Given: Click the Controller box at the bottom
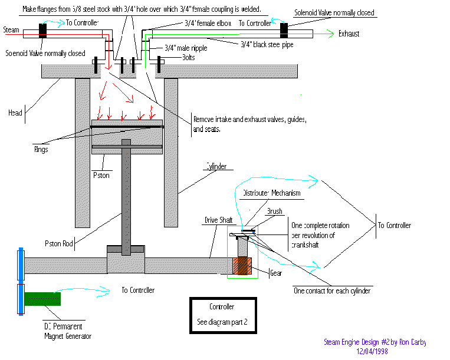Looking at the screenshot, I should click(222, 315).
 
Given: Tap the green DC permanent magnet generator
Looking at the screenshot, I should click(41, 299).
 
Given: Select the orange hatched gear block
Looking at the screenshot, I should click(242, 265).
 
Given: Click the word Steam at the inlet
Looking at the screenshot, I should click(11, 29).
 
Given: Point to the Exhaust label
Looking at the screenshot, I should click(349, 34).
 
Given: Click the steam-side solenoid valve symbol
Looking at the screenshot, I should click(42, 31).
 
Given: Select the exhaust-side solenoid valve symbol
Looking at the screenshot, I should click(284, 28).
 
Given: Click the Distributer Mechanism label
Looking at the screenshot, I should click(271, 193).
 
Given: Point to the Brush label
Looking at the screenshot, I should click(275, 210).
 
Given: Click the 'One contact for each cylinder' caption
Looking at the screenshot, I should click(332, 291).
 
